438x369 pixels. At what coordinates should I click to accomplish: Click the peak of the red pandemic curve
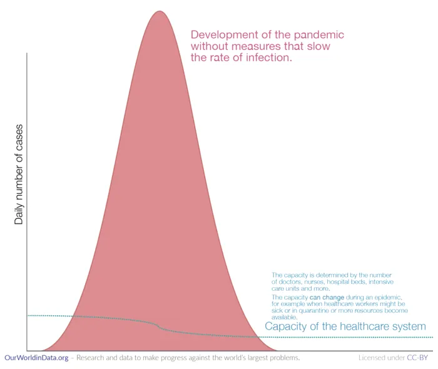[159, 12]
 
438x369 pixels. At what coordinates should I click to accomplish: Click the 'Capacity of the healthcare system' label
[345, 326]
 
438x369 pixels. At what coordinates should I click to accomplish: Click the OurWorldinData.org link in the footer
[36, 358]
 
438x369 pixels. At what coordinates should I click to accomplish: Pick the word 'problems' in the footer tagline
[283, 358]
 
